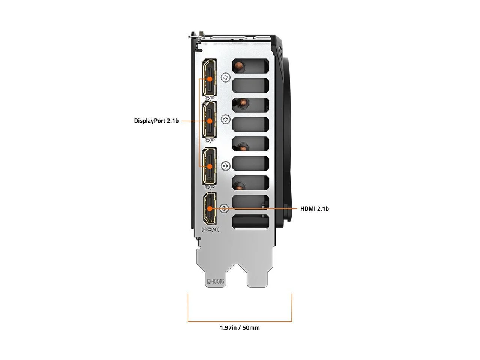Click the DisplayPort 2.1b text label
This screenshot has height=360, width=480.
point(156,121)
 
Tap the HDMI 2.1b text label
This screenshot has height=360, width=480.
point(314,208)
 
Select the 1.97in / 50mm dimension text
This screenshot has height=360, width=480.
point(240,327)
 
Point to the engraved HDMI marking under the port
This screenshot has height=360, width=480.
point(210,229)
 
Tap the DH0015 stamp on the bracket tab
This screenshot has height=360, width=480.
point(216,281)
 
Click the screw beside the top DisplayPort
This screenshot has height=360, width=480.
point(226,78)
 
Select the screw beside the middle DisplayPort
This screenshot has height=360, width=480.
point(226,120)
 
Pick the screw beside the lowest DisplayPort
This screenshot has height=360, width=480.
point(226,166)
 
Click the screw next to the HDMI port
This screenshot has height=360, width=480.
point(224,208)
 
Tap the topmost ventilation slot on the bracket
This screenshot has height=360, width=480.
point(250,66)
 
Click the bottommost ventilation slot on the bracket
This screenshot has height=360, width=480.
point(250,222)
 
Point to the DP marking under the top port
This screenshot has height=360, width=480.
point(209,99)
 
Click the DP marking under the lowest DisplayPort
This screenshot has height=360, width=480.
point(209,187)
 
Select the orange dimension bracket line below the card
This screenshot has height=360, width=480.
point(240,321)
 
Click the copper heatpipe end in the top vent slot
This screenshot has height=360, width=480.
point(238,66)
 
